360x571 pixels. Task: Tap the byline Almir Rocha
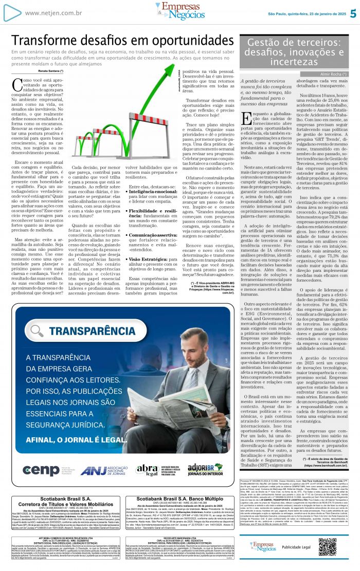click(335, 75)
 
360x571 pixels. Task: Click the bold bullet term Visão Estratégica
click(150, 260)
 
